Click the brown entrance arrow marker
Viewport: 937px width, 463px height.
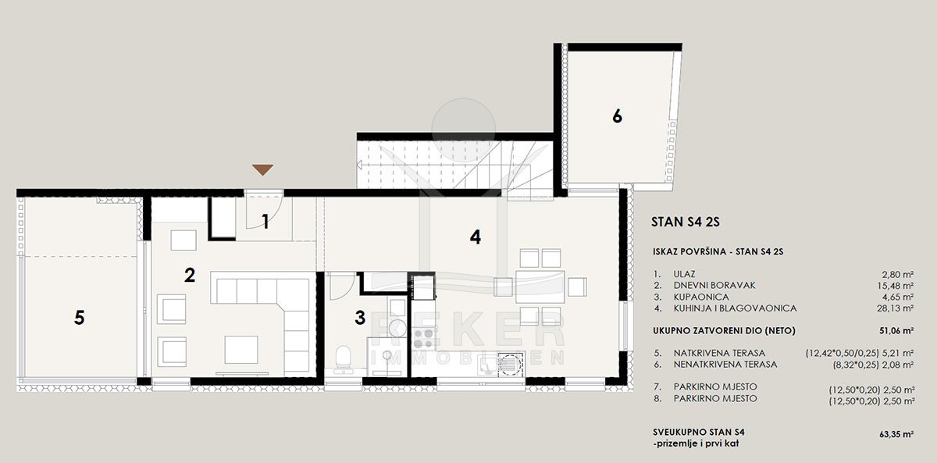(262, 169)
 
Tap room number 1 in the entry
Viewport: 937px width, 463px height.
(265, 222)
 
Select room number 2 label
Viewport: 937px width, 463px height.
(190, 275)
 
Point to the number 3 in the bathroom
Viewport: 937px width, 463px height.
(360, 318)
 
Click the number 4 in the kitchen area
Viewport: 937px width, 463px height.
(476, 237)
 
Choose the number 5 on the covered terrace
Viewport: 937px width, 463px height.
(79, 318)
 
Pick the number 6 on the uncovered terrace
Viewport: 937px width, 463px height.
(617, 116)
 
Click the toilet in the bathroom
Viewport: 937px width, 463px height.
(344, 358)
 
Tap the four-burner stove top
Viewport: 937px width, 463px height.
(423, 338)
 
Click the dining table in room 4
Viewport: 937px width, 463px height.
(540, 287)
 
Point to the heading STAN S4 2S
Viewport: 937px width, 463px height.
(686, 222)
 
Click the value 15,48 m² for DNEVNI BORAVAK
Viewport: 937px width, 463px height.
(895, 286)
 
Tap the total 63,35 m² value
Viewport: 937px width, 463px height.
(896, 434)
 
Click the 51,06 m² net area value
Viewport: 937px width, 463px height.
(896, 330)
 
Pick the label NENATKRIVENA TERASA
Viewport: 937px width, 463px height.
(725, 365)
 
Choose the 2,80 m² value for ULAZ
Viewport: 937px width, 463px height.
(898, 274)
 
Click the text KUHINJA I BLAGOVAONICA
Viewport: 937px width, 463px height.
(735, 308)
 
